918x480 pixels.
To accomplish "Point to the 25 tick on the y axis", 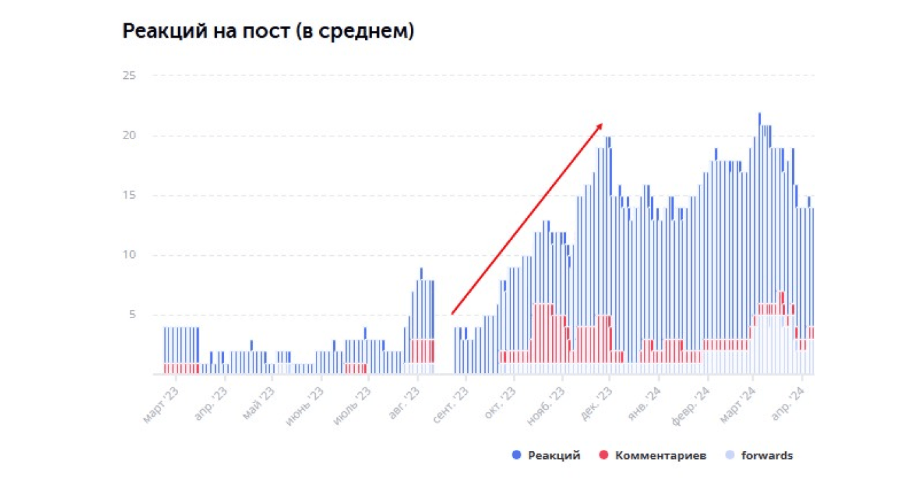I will coord(129,75).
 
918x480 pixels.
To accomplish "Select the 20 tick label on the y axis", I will coord(129,135).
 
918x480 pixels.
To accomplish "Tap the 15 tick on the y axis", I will coord(129,195).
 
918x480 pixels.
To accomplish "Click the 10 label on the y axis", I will coord(129,255).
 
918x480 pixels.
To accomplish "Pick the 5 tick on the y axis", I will coord(132,315).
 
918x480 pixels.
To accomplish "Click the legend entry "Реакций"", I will coord(555,456).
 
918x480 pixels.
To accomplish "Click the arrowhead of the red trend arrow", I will coord(601,125).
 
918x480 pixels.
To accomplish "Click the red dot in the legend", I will coord(604,456).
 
